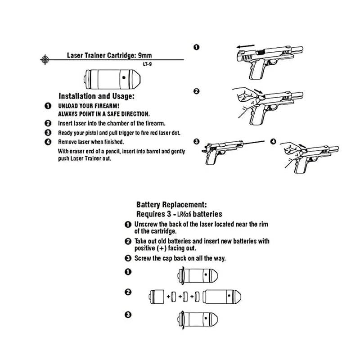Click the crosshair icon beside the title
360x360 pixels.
[x=44, y=59]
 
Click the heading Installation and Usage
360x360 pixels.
[x=97, y=96]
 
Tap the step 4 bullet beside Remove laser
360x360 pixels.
[x=48, y=142]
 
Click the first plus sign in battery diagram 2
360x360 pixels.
[x=168, y=297]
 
